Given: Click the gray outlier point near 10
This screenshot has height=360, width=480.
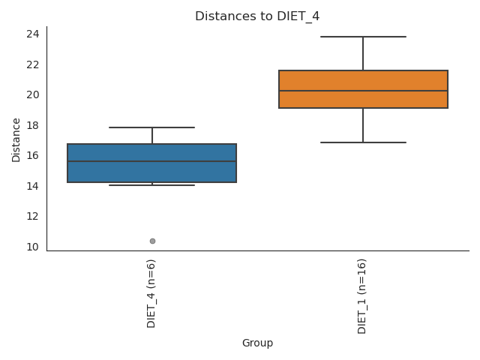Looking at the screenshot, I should [x=152, y=241].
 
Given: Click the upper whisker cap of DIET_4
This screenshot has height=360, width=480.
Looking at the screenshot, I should [x=152, y=127].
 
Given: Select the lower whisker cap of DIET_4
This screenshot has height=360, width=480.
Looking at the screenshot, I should [x=152, y=185].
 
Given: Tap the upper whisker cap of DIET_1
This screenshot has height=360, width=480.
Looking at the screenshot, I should [x=363, y=37].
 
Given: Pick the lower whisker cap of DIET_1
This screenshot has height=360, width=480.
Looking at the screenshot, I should [x=363, y=142].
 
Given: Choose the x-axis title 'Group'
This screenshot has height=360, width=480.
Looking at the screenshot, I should [x=257, y=343].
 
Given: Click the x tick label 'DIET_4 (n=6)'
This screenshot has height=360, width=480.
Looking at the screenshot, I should [x=152, y=293].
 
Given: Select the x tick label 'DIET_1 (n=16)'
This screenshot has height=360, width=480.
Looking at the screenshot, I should [x=363, y=295].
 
